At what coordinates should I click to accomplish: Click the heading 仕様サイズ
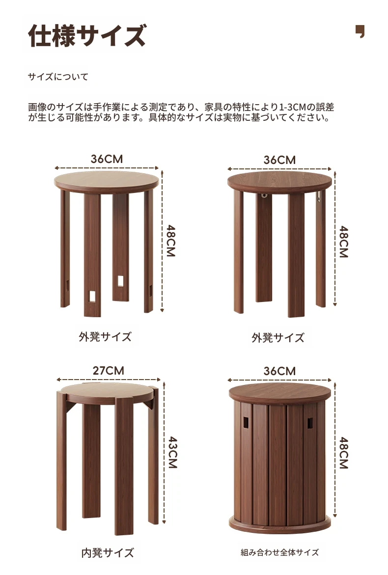tap(87, 35)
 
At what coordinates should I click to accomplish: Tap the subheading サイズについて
tap(58, 77)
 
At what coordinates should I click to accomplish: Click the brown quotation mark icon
tap(360, 31)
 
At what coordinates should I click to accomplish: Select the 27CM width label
tap(108, 370)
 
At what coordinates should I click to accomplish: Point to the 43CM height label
tap(173, 452)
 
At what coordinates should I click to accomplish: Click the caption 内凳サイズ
tap(108, 552)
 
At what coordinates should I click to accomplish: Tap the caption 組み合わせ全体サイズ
tap(279, 552)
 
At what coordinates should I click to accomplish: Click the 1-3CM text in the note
tap(292, 108)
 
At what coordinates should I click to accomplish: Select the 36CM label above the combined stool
tap(279, 371)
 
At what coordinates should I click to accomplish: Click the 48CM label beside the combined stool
tap(344, 453)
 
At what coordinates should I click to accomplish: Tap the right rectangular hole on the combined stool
tap(310, 423)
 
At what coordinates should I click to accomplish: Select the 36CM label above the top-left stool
tap(107, 159)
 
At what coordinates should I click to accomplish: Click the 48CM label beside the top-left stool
tap(171, 241)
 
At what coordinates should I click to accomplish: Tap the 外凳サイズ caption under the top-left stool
tap(105, 336)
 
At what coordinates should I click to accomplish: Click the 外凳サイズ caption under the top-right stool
tap(278, 337)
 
